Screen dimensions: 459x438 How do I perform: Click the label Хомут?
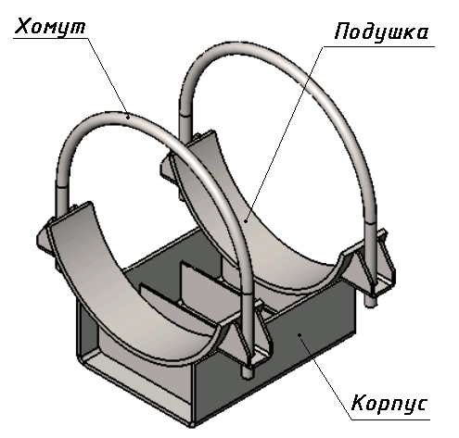click(50, 27)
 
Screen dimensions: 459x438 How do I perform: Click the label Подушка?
click(381, 33)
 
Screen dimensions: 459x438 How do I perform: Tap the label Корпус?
click(389, 404)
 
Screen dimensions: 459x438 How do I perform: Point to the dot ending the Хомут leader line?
click(128, 117)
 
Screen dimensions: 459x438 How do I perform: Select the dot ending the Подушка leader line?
click(246, 220)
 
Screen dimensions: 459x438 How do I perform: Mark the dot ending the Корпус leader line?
click(300, 334)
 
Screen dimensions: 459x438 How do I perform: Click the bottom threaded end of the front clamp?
click(248, 372)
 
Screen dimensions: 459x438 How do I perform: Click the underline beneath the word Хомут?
click(50, 39)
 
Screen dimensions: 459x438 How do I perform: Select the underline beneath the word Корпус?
click(390, 419)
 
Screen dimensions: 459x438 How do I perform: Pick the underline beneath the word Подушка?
click(379, 47)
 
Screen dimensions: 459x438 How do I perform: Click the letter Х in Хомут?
click(23, 26)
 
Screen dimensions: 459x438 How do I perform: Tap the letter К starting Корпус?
click(359, 402)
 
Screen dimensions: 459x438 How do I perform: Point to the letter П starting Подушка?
click(342, 31)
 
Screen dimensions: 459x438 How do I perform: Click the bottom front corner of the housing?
click(192, 425)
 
